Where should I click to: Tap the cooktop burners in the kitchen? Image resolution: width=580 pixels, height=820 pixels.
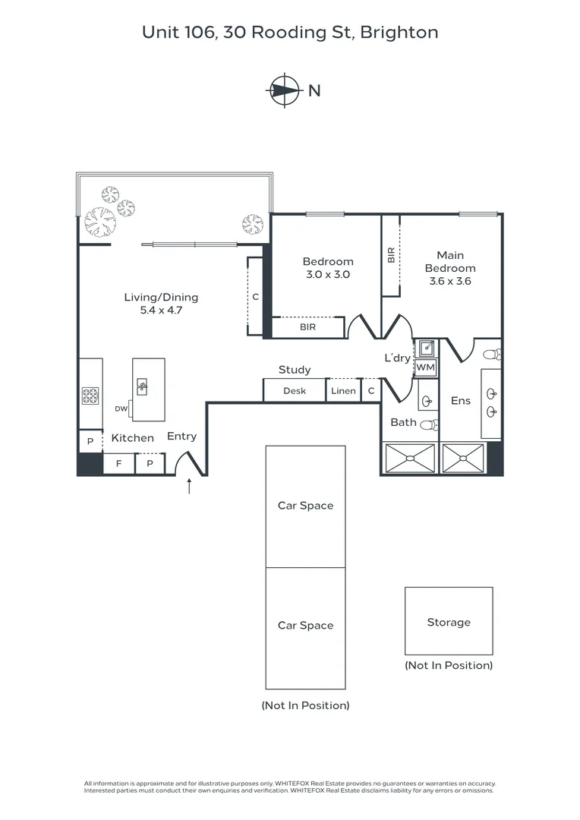(90, 396)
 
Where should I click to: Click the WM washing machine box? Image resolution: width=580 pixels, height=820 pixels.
(425, 368)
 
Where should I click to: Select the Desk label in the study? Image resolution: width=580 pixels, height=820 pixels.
(295, 391)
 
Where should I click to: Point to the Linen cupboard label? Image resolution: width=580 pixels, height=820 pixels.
(343, 391)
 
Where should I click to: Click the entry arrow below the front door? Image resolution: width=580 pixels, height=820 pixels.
(189, 486)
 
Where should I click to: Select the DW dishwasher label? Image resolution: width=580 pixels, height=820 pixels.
(121, 409)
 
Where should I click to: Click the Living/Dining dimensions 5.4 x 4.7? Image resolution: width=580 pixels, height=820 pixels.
(161, 311)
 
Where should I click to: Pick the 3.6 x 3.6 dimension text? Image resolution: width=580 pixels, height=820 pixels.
(450, 281)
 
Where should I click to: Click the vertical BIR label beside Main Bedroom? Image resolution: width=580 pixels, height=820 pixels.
(391, 256)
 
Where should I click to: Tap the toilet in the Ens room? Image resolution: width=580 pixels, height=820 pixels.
(492, 355)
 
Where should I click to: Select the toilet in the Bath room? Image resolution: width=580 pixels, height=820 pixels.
(429, 425)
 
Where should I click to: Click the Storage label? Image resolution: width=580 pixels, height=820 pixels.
(449, 623)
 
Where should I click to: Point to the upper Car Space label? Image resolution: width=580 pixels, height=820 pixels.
(305, 506)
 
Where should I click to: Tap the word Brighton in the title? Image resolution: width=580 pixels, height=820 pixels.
(399, 33)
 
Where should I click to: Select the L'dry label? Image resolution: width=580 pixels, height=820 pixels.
(397, 358)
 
